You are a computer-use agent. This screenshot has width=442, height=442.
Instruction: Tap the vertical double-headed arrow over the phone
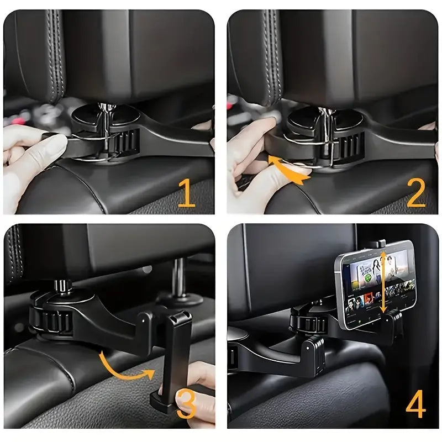pyautogui.click(x=382, y=281)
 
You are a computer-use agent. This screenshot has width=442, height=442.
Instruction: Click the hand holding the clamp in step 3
pyautogui.click(x=196, y=387)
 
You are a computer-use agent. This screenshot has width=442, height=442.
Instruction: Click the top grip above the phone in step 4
pyautogui.click(x=378, y=244)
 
